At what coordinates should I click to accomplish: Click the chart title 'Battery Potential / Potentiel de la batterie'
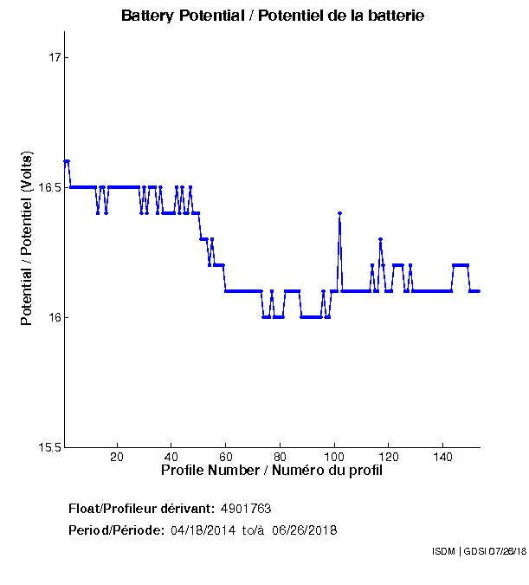point(273,16)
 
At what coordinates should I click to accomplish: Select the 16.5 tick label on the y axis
point(50,187)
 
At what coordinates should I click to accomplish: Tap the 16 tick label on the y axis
point(55,317)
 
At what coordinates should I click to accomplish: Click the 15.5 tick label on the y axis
point(50,447)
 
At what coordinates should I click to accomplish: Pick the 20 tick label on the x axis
point(117,457)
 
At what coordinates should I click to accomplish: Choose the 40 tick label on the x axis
point(171,457)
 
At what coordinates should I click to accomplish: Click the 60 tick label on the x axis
point(226,457)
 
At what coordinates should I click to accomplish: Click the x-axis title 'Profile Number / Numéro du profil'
point(272,471)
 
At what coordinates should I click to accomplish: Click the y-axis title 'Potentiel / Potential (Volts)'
point(27,240)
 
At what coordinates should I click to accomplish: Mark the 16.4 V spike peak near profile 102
point(339,213)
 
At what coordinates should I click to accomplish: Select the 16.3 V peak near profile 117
point(380,239)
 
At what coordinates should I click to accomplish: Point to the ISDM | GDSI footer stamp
point(478,551)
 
